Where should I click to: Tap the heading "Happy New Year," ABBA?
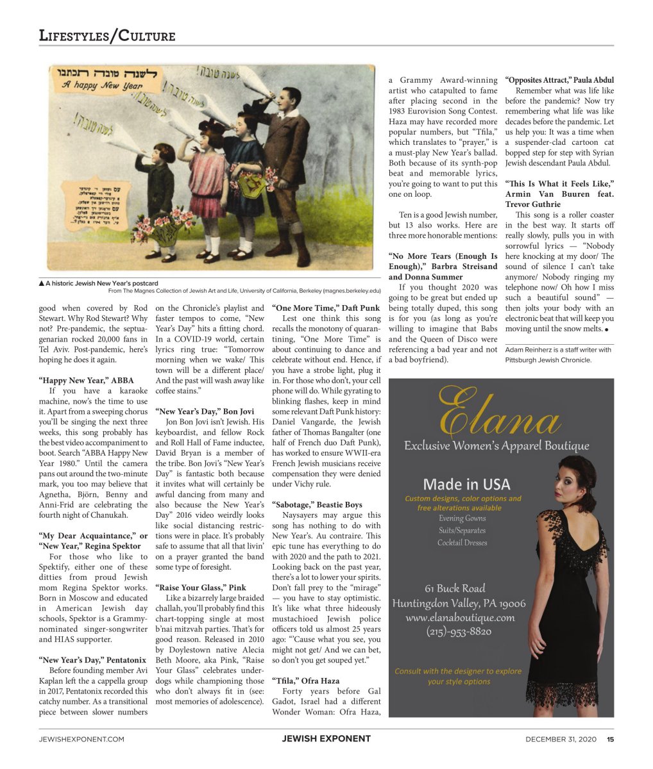(x=87, y=381)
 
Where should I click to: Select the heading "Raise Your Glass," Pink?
(x=201, y=587)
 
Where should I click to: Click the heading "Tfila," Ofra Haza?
(x=307, y=681)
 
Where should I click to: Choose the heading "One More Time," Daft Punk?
(x=326, y=308)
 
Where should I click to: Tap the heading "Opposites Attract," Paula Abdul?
(x=559, y=80)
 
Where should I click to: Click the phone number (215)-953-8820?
(x=459, y=631)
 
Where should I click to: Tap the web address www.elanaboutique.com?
(x=460, y=618)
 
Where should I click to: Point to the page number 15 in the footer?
(x=611, y=739)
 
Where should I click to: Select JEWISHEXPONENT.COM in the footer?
(x=81, y=739)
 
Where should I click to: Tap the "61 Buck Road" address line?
(x=455, y=588)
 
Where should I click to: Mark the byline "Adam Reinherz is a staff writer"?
(x=558, y=350)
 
